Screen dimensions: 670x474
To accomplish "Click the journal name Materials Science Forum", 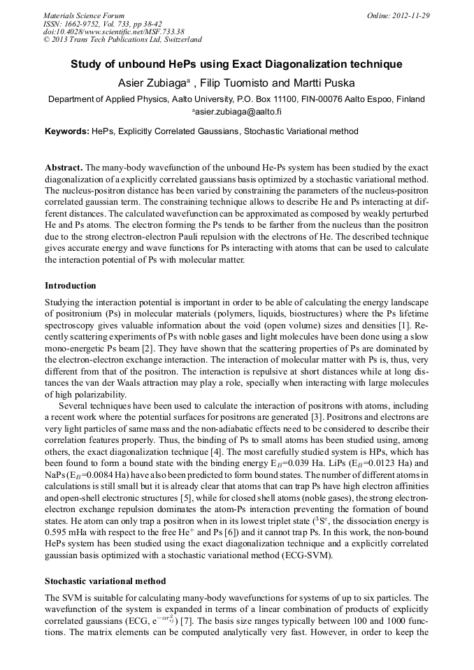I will tap(84, 15).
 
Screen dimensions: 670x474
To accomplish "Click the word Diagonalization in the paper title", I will tap(310, 64).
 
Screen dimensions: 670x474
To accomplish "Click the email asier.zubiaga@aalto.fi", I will tap(238, 111).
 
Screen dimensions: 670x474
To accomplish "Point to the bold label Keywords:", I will tap(67, 131).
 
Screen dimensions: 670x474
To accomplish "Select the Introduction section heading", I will tap(71, 286).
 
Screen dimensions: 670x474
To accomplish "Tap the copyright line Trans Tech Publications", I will tap(122, 39).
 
